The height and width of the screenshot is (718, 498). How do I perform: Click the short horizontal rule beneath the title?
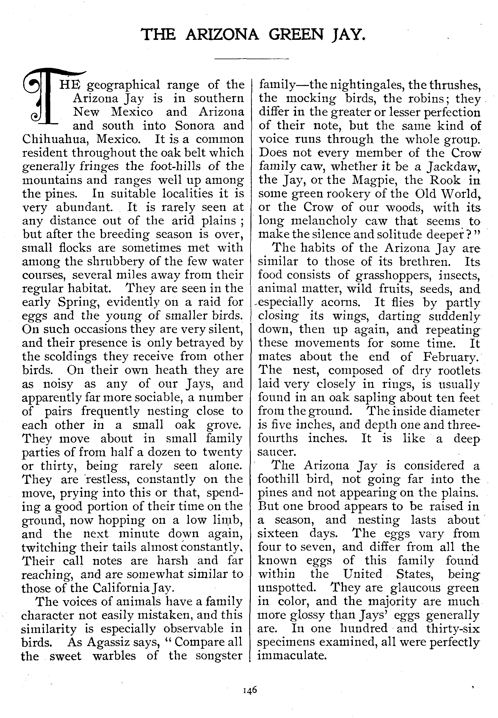pos(251,58)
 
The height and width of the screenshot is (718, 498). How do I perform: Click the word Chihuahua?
pos(55,139)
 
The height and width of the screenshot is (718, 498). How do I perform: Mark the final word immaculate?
pos(292,655)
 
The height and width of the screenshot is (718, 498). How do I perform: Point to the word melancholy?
pos(324,221)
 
